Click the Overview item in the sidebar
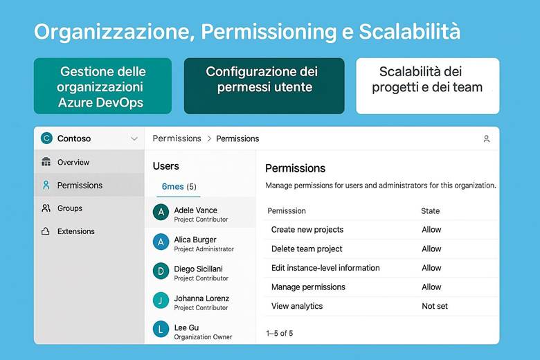[x=73, y=162]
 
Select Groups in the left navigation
[x=69, y=208]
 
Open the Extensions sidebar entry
[x=75, y=231]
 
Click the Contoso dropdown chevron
[x=134, y=138]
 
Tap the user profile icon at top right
[x=486, y=138]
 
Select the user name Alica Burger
[x=195, y=240]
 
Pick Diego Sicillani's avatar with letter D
[x=161, y=271]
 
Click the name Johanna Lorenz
[x=201, y=298]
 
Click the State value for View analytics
[x=435, y=306]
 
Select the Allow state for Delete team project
[x=431, y=249]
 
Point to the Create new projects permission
[x=307, y=229]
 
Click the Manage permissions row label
[x=308, y=287]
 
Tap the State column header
[x=430, y=210]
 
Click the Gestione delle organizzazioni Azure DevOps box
[x=102, y=87]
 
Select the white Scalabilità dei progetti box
[x=427, y=86]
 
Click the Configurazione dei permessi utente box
[x=264, y=86]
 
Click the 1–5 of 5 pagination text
[x=279, y=333]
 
